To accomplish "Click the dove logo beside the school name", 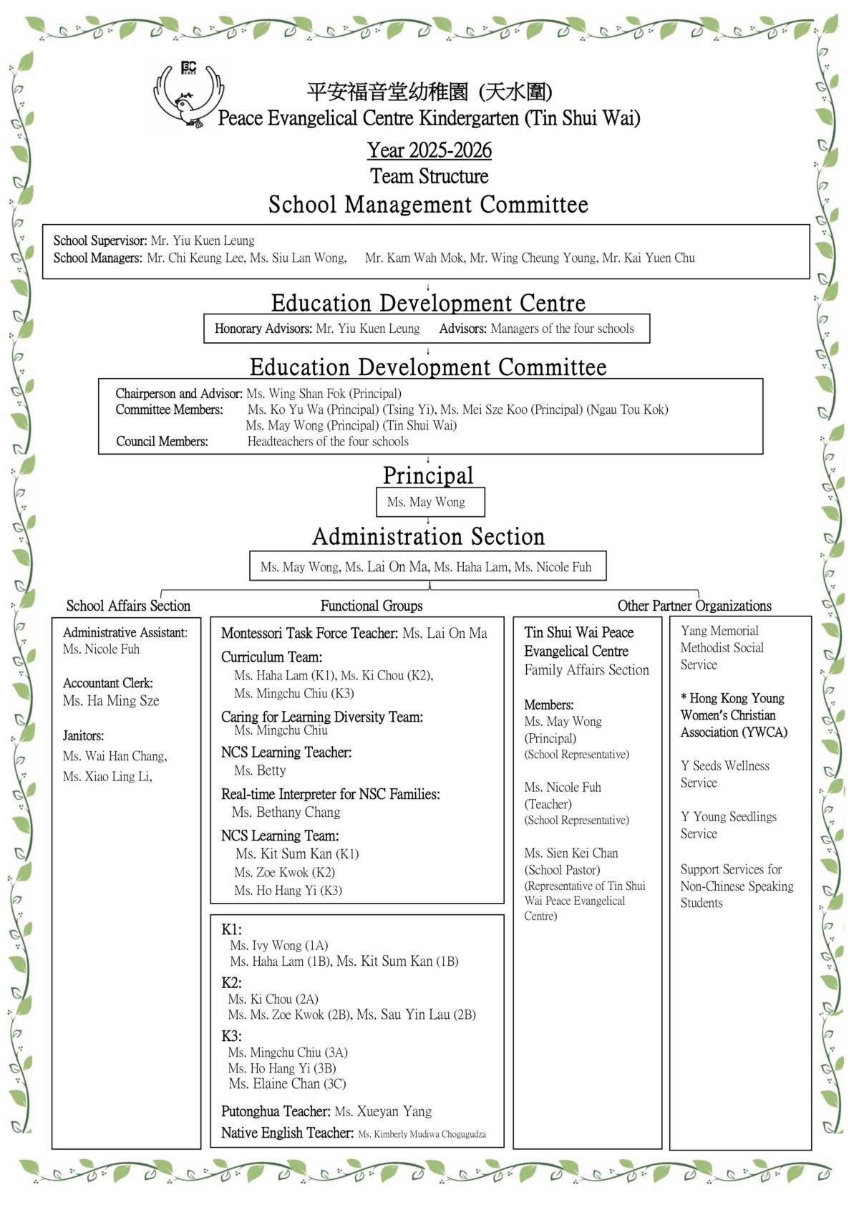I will point(188,95).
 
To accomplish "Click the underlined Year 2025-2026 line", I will point(429,150).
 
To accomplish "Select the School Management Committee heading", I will point(428,205).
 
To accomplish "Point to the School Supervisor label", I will point(100,241).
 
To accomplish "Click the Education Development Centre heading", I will point(428,303).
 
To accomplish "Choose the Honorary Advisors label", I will point(263,329).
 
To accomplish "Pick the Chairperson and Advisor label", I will point(179,394).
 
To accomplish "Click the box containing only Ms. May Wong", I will point(429,502).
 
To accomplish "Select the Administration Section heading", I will point(428,536).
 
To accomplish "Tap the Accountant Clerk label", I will point(108,683).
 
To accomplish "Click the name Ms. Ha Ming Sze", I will point(111,701).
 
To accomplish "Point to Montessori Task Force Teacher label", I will point(309,633).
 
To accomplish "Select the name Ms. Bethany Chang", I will point(286,813).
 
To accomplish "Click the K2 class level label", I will point(231,983).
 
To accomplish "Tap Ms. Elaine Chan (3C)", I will point(287,1084).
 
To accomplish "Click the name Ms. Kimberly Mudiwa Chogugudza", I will point(422,1134).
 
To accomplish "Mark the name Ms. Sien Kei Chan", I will point(571,853).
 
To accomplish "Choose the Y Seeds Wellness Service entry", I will point(724,774).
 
